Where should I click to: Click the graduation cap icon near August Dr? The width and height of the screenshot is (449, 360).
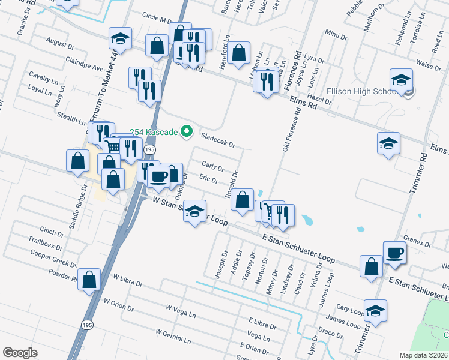click(120, 39)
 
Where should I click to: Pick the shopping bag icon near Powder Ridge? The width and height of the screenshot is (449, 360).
click(89, 279)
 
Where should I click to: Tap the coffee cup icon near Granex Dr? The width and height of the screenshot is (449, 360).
click(394, 253)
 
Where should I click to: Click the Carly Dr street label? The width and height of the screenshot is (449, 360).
click(212, 166)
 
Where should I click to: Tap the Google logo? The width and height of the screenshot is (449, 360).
click(20, 353)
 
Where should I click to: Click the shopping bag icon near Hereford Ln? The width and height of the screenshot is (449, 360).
click(239, 52)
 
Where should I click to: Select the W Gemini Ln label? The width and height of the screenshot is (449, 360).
click(176, 332)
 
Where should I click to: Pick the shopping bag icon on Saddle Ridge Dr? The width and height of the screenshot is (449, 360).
click(77, 161)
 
